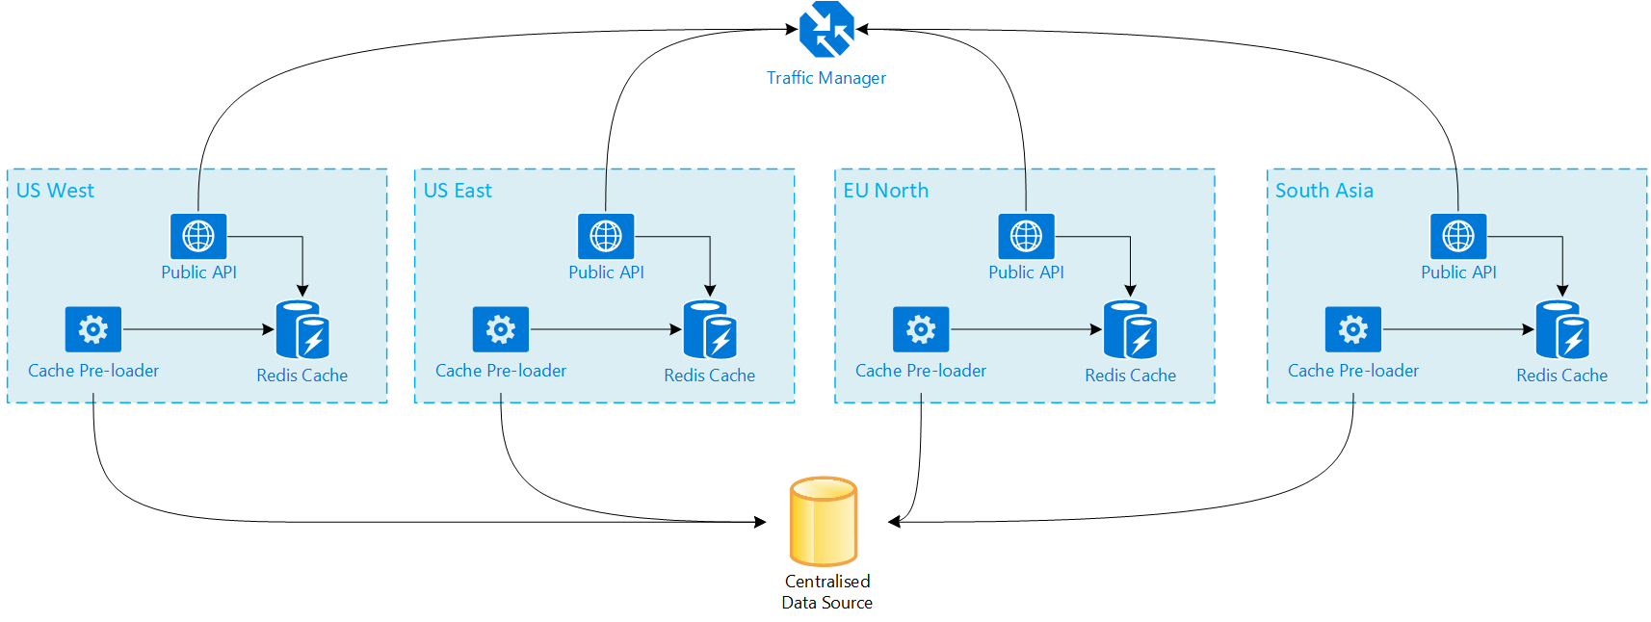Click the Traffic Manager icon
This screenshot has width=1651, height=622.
826,30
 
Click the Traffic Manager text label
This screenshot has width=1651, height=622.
826,78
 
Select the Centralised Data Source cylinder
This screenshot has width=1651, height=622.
824,521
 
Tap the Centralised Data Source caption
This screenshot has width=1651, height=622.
827,592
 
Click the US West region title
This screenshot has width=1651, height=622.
55,191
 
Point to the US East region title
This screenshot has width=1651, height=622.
458,191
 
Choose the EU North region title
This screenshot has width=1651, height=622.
885,191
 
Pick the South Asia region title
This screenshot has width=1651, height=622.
1324,191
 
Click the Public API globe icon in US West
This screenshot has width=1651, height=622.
198,236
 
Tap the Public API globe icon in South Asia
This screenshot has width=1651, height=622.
1458,236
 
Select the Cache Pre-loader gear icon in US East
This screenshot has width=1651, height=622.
501,329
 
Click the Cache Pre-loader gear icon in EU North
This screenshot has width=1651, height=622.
921,329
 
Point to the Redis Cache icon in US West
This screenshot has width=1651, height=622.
302,330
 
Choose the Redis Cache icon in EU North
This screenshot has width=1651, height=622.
1130,330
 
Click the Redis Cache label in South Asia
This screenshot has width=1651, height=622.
1561,376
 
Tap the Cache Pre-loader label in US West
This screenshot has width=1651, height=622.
93,371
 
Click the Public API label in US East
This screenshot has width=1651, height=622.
606,272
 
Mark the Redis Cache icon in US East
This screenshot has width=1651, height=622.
710,330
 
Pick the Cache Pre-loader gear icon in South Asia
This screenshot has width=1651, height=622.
1353,329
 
